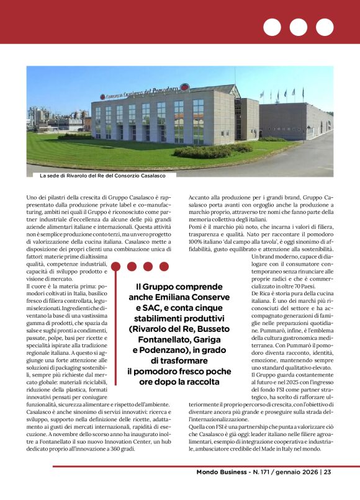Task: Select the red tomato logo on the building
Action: click(184, 89)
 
